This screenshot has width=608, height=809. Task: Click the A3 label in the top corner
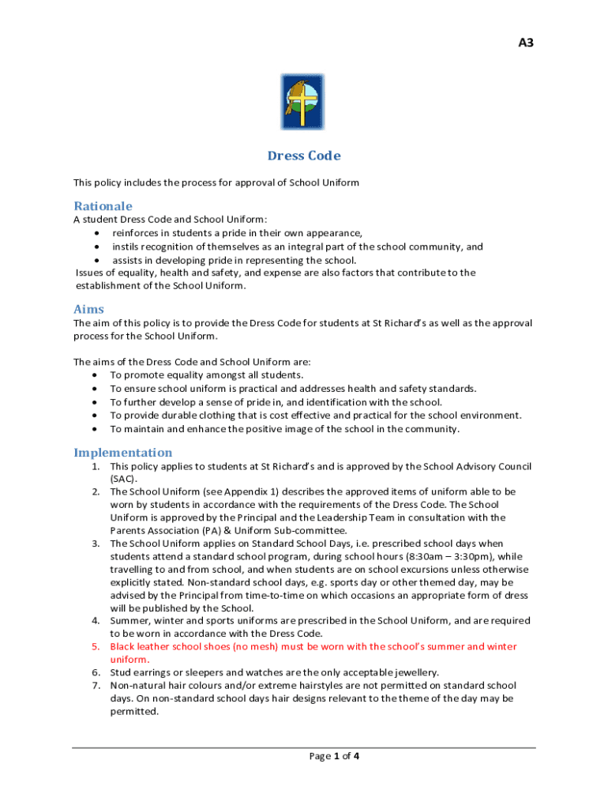[x=526, y=43]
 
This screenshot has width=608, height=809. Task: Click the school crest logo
[x=303, y=102]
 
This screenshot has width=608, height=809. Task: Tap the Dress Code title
[x=304, y=156]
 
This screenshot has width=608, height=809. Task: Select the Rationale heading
[x=103, y=206]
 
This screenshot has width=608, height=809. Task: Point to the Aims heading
[x=89, y=310]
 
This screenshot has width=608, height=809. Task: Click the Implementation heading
[x=123, y=453]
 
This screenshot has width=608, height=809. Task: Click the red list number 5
[x=95, y=646]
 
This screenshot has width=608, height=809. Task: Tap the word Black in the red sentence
[x=123, y=646]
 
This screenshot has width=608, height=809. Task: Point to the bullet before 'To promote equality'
[x=96, y=375]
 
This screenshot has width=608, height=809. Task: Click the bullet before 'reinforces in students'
[x=96, y=233]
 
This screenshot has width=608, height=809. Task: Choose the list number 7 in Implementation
[x=95, y=685]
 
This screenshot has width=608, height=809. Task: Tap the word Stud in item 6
[x=121, y=672]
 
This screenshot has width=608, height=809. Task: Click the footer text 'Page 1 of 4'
[x=335, y=756]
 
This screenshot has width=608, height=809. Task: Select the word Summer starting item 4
[x=129, y=621]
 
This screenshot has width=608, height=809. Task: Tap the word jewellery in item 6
[x=413, y=672]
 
